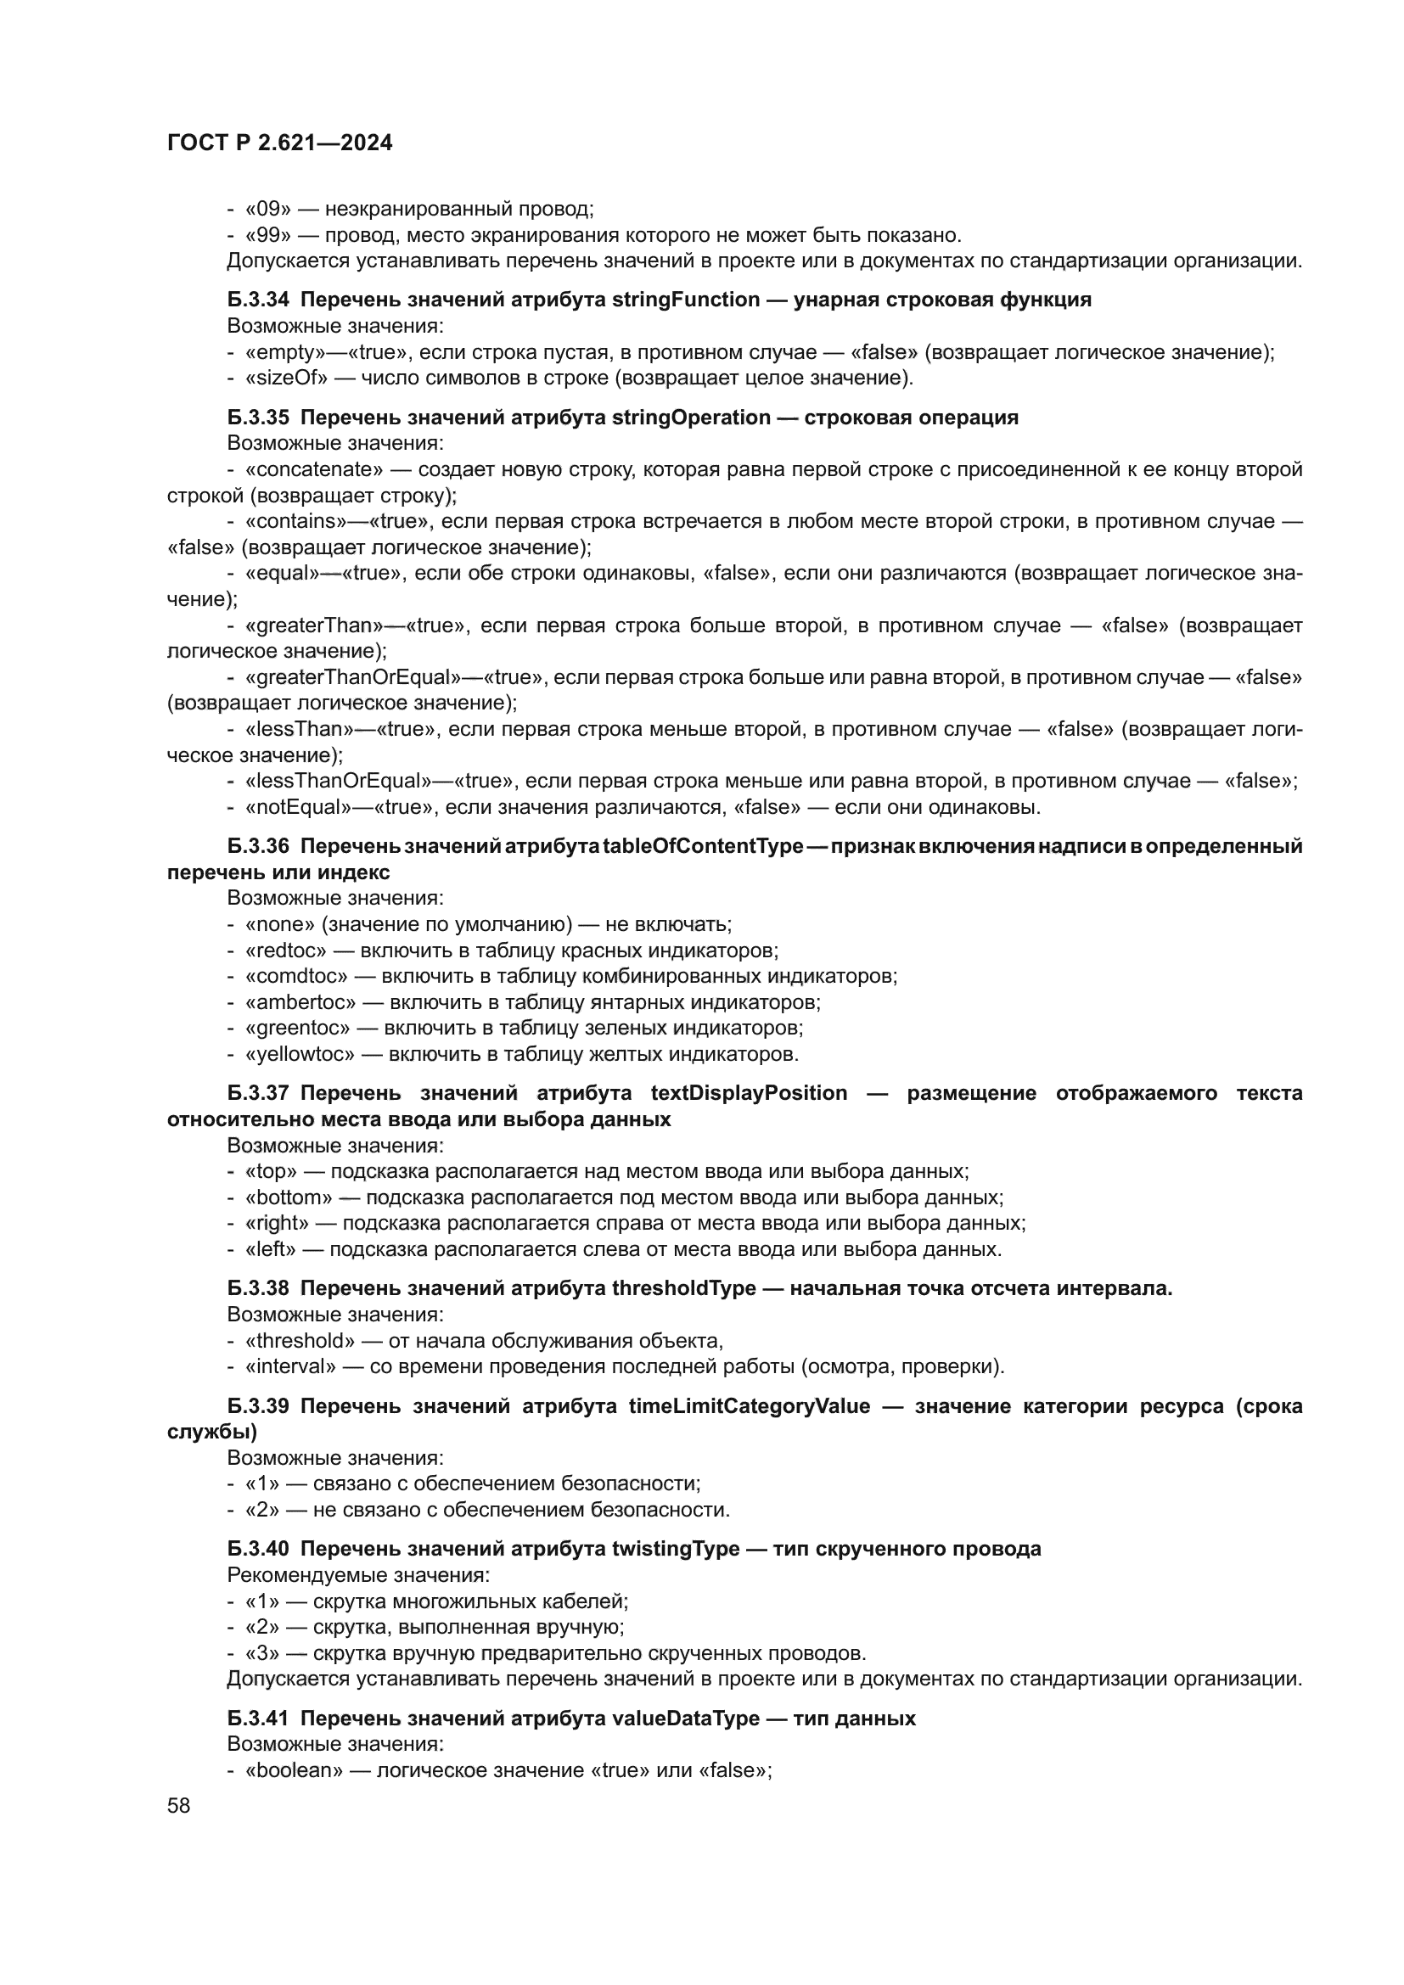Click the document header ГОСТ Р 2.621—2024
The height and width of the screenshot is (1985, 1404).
click(x=279, y=143)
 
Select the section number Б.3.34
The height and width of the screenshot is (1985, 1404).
click(x=259, y=300)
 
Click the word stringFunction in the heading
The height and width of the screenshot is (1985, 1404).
click(x=686, y=300)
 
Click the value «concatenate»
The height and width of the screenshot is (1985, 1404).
click(x=315, y=469)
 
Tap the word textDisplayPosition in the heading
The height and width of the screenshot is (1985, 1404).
click(x=749, y=1094)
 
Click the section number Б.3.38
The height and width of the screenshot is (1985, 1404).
click(x=259, y=1289)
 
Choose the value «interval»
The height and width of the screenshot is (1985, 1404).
click(x=290, y=1367)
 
